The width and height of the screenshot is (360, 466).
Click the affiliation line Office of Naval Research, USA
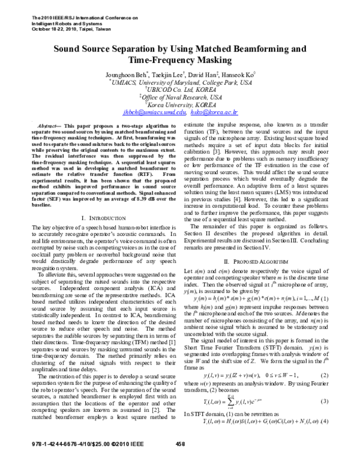(180, 96)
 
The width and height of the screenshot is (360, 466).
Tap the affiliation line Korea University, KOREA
(180, 104)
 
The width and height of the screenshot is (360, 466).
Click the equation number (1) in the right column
(341, 316)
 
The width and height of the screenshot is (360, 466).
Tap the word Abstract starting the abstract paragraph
(40, 123)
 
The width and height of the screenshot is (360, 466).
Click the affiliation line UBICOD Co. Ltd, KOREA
(180, 89)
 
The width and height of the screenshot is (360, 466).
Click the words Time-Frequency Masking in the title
(179, 61)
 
